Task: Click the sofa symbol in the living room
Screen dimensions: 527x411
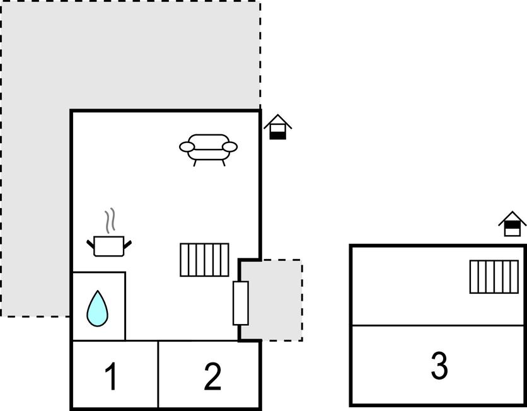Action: [x=209, y=149]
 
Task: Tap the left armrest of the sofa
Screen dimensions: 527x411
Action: [x=187, y=147]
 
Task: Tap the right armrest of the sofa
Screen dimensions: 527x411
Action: [x=230, y=147]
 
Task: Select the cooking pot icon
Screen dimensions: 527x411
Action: [x=109, y=246]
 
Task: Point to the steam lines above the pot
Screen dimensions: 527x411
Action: [x=110, y=221]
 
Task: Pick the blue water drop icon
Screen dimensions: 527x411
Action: [x=98, y=308]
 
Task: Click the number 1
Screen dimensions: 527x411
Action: [x=111, y=376]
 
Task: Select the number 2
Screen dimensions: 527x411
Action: [x=212, y=376]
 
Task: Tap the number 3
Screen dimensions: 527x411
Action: [x=439, y=365]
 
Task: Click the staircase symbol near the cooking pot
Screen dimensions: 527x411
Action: [x=204, y=260]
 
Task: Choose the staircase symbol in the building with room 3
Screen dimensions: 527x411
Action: [x=494, y=277]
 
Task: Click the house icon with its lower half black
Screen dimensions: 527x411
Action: [x=277, y=127]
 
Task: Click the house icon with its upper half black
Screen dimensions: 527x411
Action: [x=513, y=224]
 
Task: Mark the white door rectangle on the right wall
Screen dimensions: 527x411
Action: [x=241, y=303]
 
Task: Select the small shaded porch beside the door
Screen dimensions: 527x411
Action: [x=272, y=300]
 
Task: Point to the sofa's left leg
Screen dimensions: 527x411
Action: [x=195, y=163]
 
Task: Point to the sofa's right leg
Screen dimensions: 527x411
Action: [x=224, y=163]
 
